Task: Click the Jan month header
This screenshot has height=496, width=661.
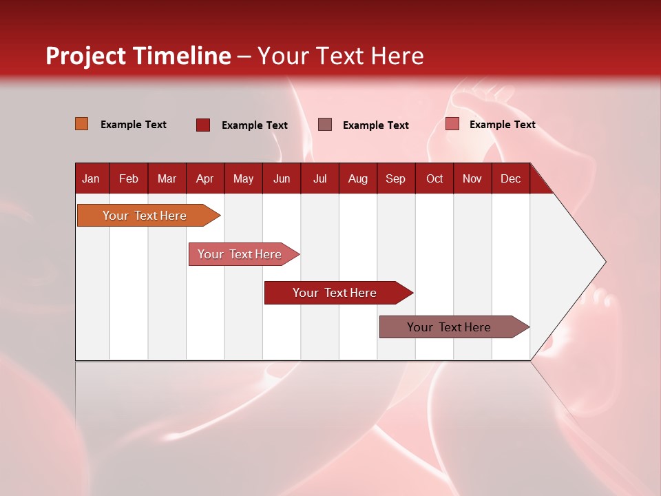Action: pos(92,178)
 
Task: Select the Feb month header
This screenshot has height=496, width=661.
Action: pos(129,178)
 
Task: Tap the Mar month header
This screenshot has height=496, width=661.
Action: pos(167,178)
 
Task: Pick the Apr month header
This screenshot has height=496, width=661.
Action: pos(205,178)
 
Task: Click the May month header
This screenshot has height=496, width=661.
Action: pos(243,178)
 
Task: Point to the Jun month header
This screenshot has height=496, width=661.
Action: pos(282,178)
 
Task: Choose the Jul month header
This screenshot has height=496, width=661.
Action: pos(319,178)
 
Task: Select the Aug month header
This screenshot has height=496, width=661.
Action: pos(358,178)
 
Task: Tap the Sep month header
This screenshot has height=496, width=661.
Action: pos(396,178)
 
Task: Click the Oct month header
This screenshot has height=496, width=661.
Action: pos(434,178)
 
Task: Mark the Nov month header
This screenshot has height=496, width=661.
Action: pos(472,178)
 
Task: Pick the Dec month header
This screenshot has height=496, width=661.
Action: pos(511,178)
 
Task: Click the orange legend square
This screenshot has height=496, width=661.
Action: pos(82,124)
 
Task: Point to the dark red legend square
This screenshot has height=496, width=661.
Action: pos(203,125)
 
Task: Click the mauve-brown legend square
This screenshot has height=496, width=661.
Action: pos(325,124)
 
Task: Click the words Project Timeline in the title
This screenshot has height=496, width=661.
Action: pos(138,56)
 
